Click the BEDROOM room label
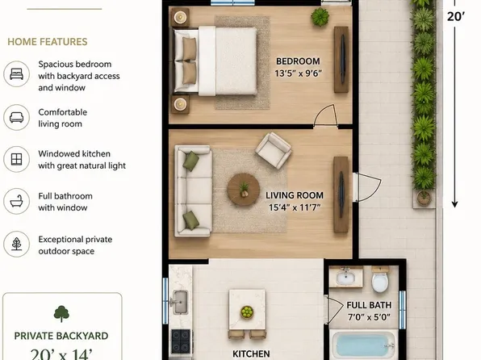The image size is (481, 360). [298, 61]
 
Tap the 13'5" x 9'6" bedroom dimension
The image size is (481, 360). [298, 73]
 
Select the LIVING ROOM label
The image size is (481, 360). [295, 195]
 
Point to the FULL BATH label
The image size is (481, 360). [369, 305]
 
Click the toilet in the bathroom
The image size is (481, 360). [380, 279]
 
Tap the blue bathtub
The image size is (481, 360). [364, 345]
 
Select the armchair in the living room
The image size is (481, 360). [274, 150]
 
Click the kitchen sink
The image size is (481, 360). [181, 303]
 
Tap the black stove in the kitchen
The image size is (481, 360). [181, 341]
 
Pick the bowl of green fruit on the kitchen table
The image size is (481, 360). [247, 312]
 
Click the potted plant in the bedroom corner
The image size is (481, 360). [320, 17]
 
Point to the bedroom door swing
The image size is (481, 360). [326, 115]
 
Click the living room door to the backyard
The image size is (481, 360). [367, 187]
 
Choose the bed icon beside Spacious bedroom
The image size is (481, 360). [17, 74]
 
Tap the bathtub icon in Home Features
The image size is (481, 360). [17, 201]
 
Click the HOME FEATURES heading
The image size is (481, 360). [48, 42]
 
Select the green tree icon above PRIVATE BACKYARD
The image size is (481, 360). [61, 314]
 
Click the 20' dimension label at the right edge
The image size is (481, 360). [456, 16]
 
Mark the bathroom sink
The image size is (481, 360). [346, 277]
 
